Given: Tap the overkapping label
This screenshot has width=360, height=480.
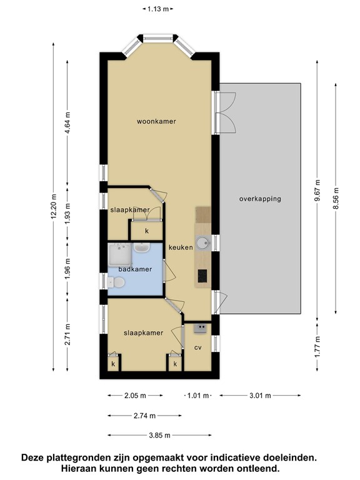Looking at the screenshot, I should (260, 199).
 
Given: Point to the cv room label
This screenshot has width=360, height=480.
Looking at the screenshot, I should (197, 347).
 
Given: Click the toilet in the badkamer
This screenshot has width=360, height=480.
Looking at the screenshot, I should (114, 283).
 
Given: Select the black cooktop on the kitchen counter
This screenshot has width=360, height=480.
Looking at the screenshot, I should (202, 274).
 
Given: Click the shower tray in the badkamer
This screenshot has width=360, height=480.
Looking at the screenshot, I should (118, 255).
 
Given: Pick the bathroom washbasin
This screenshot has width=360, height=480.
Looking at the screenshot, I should (142, 248).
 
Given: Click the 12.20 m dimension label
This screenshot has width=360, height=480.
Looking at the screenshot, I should (54, 211).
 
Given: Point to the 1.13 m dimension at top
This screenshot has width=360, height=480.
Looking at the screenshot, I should (157, 9).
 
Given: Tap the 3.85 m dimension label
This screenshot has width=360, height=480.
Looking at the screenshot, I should (159, 435).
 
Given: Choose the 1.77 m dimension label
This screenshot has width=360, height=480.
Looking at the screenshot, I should (318, 344).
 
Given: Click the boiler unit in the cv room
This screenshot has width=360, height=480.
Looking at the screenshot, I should (201, 327).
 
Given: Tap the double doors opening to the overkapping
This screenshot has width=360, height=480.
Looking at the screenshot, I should (224, 112).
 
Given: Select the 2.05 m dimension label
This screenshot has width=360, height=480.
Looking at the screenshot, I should (135, 396).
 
